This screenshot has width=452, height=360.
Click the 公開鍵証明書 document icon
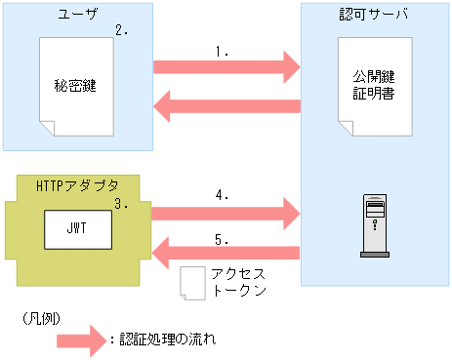coord(374,87)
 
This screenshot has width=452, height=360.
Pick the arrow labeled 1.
coord(226,66)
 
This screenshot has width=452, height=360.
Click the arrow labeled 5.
coord(226,253)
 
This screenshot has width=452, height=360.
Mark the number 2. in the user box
coord(122,30)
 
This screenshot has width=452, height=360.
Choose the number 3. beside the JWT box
coord(122,204)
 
